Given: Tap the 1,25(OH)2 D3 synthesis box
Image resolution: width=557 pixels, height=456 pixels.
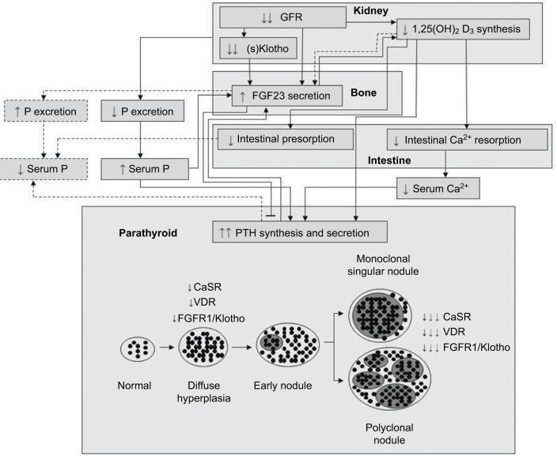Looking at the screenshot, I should (x=462, y=31).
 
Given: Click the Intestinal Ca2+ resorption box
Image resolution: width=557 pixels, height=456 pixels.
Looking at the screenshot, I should (x=467, y=140).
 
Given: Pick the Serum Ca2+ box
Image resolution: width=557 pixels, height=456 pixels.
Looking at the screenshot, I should (x=439, y=187).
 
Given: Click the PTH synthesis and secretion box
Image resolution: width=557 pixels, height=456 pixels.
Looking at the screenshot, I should (x=301, y=232).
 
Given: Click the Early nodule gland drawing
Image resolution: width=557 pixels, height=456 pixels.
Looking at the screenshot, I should (x=287, y=345).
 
